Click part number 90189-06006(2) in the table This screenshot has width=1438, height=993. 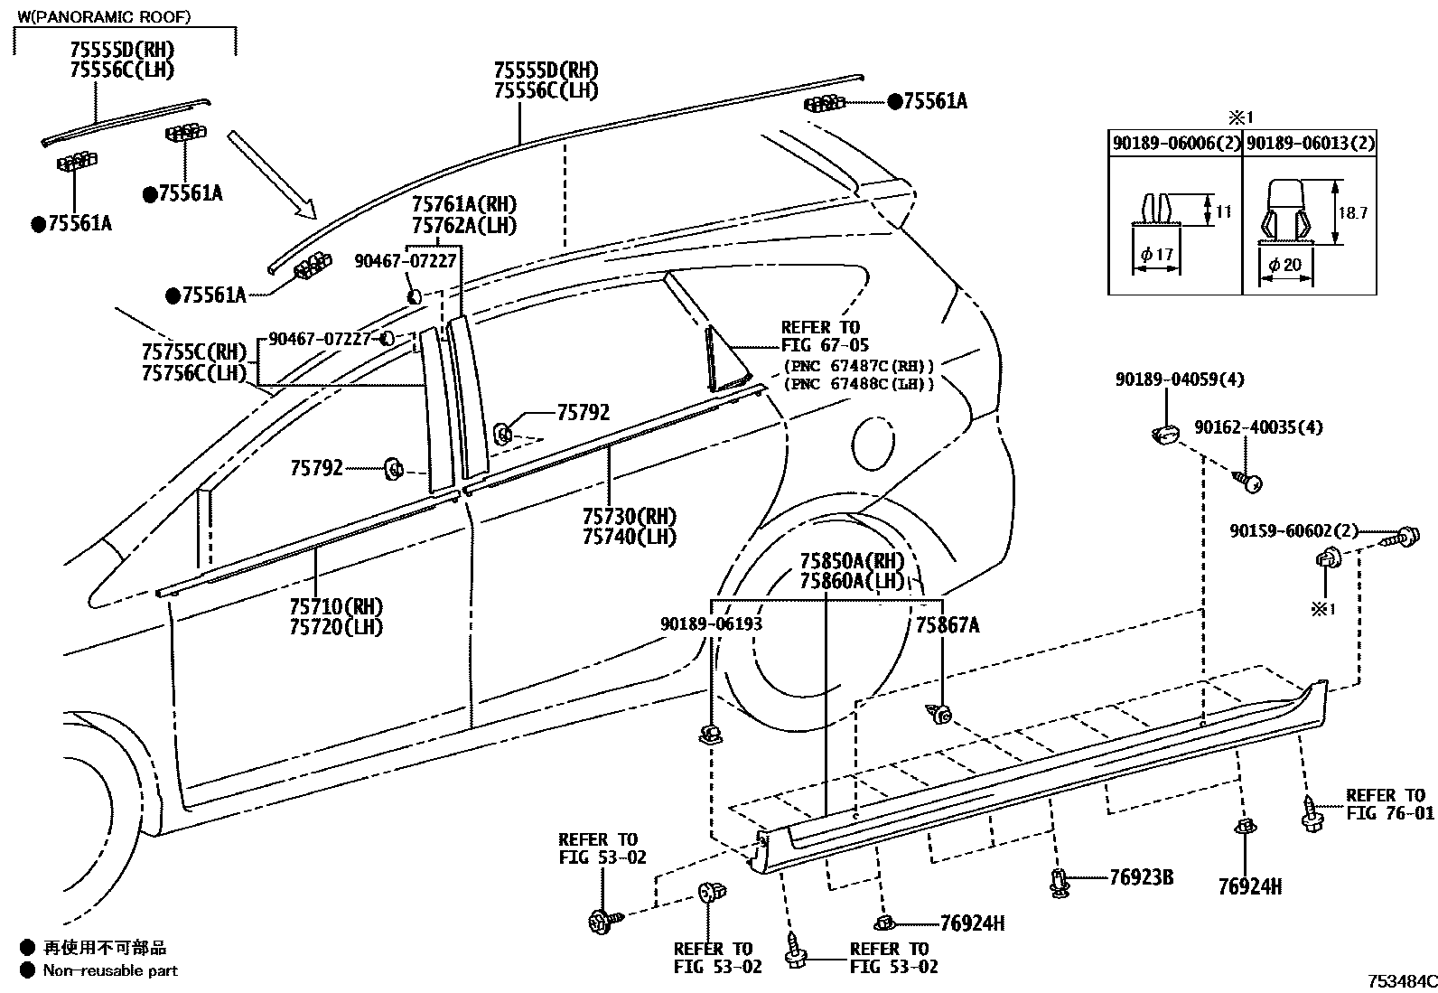point(1175,144)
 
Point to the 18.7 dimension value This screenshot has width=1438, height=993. point(1352,213)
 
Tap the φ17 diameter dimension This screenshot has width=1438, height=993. point(1156,255)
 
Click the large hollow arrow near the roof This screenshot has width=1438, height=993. point(272,174)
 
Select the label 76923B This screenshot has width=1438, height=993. point(1141,876)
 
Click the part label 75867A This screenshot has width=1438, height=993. point(948,624)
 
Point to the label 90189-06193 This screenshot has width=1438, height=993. point(711,624)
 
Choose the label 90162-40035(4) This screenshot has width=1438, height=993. point(1258,426)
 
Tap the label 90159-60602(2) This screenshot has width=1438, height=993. point(1293,531)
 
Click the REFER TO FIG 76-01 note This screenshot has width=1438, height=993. point(1389,804)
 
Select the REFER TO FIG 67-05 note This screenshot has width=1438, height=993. point(820,336)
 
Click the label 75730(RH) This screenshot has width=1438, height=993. point(642,517)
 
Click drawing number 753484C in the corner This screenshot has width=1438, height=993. point(1400,981)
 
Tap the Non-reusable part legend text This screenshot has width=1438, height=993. point(110,971)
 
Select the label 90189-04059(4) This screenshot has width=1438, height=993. point(1179,379)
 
